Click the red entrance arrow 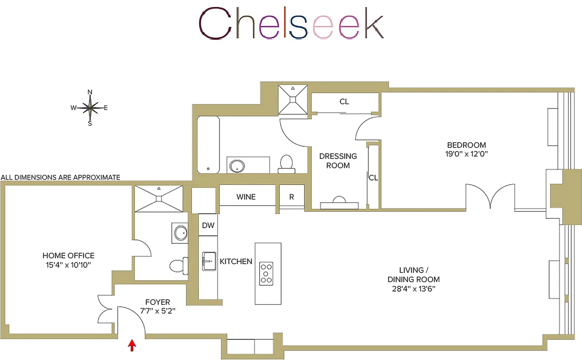pos(132,345)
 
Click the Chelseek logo pos(291,23)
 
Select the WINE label pos(246,197)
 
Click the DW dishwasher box pos(208,225)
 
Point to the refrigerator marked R pos(291,197)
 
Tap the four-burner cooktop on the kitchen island pos(266,273)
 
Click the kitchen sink pos(209,261)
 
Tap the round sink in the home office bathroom pos(181,233)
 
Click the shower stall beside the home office pos(159,198)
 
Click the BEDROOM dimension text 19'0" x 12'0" pos(466,153)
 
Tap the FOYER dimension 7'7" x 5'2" pos(157,310)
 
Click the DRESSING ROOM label pos(338,161)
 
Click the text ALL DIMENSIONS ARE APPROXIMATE pos(61,177)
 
